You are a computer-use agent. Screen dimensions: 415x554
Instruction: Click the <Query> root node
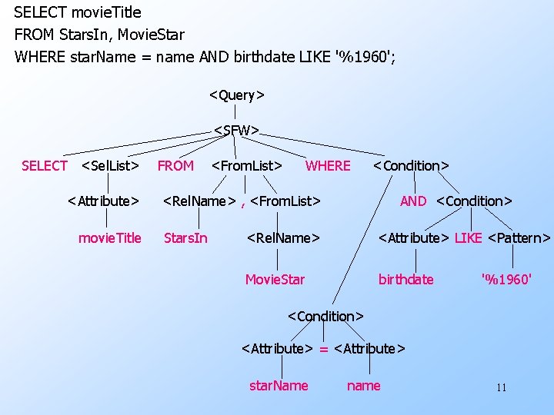237,95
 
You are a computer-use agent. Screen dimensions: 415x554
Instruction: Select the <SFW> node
235,130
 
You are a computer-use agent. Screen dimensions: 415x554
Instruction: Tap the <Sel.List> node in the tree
110,166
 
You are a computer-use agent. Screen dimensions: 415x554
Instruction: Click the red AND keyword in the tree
413,201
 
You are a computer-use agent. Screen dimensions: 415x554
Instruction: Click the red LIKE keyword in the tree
468,238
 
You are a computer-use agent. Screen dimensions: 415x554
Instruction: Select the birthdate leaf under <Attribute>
405,280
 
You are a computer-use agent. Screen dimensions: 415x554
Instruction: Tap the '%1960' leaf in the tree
506,280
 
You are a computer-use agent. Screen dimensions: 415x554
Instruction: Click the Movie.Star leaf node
275,280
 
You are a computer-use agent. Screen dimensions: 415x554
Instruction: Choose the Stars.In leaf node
185,238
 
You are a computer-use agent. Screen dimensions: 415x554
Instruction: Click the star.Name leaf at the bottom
279,386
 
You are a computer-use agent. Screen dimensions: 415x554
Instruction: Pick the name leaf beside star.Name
363,386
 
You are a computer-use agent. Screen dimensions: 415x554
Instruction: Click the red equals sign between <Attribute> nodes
323,349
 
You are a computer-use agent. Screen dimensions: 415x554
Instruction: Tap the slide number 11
501,387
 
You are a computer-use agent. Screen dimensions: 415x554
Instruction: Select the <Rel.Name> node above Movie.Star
282,238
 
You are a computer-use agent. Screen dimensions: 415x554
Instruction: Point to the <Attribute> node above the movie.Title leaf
103,201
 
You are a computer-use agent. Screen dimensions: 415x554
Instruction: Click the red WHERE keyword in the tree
328,166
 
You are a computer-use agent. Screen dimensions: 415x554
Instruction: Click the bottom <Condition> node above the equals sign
325,316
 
